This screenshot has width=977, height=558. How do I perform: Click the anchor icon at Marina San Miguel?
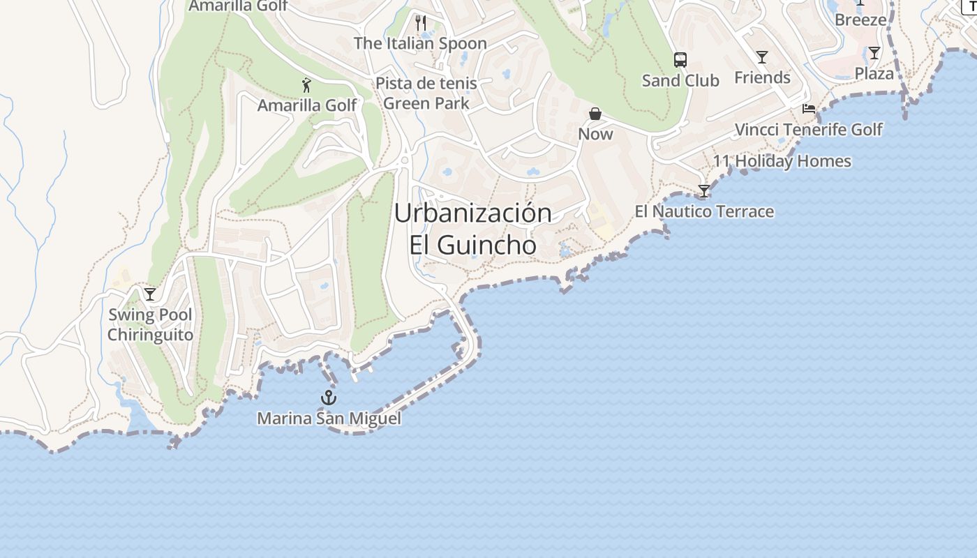pos(329,398)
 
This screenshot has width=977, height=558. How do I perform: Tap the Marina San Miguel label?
pos(329,418)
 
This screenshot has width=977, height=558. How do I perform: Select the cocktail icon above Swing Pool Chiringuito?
pos(150,294)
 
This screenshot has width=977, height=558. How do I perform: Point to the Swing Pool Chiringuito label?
pos(150,324)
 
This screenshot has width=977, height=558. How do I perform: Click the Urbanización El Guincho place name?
pos(473,228)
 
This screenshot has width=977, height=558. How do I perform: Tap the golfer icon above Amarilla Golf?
pos(306,86)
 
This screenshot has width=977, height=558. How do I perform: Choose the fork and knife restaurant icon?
pos(420,23)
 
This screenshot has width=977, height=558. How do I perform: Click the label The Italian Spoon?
pos(420,43)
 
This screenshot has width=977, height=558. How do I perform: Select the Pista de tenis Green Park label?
pos(426,93)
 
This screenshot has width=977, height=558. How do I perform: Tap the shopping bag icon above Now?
pos(595,114)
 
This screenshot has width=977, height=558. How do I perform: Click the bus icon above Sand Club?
pos(680,60)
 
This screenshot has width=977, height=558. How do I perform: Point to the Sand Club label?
pos(680,80)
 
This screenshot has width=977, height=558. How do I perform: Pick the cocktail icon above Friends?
pos(762,57)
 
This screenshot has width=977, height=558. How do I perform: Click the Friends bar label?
pos(762,77)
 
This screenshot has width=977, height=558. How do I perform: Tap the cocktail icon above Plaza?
pos(874,53)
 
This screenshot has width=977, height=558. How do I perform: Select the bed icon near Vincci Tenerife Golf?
pos(809,109)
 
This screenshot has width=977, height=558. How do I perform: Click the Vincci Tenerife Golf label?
pos(809,130)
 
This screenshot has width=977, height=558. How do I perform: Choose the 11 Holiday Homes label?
pos(782,161)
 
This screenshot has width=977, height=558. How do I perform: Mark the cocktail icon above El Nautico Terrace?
pos(704,191)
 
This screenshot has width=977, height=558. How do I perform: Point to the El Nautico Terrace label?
pos(704,211)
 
